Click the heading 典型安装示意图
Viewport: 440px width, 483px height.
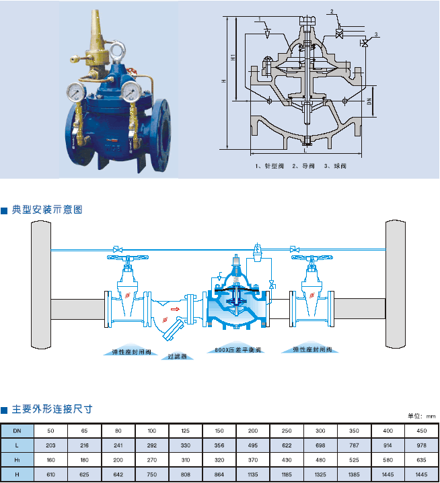(46, 210)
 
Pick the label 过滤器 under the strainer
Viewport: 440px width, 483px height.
(177, 357)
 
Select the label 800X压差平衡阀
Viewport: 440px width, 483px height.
(237, 349)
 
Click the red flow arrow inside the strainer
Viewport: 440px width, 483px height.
(174, 310)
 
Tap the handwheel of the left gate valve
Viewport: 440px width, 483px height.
(126, 256)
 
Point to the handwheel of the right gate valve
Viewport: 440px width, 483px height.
(311, 256)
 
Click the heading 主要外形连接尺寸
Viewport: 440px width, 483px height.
(51, 408)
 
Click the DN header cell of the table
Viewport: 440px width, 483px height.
(17, 430)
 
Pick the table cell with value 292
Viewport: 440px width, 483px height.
(152, 445)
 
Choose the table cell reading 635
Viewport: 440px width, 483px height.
(421, 460)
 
